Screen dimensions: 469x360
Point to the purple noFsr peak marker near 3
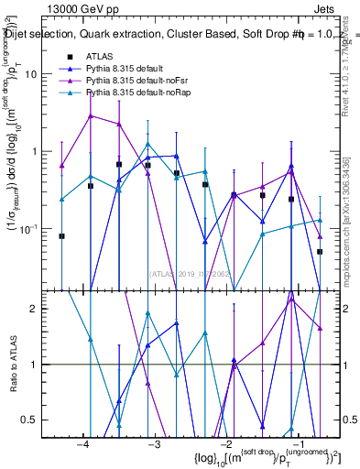[90, 116]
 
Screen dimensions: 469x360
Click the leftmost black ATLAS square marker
[61, 236]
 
